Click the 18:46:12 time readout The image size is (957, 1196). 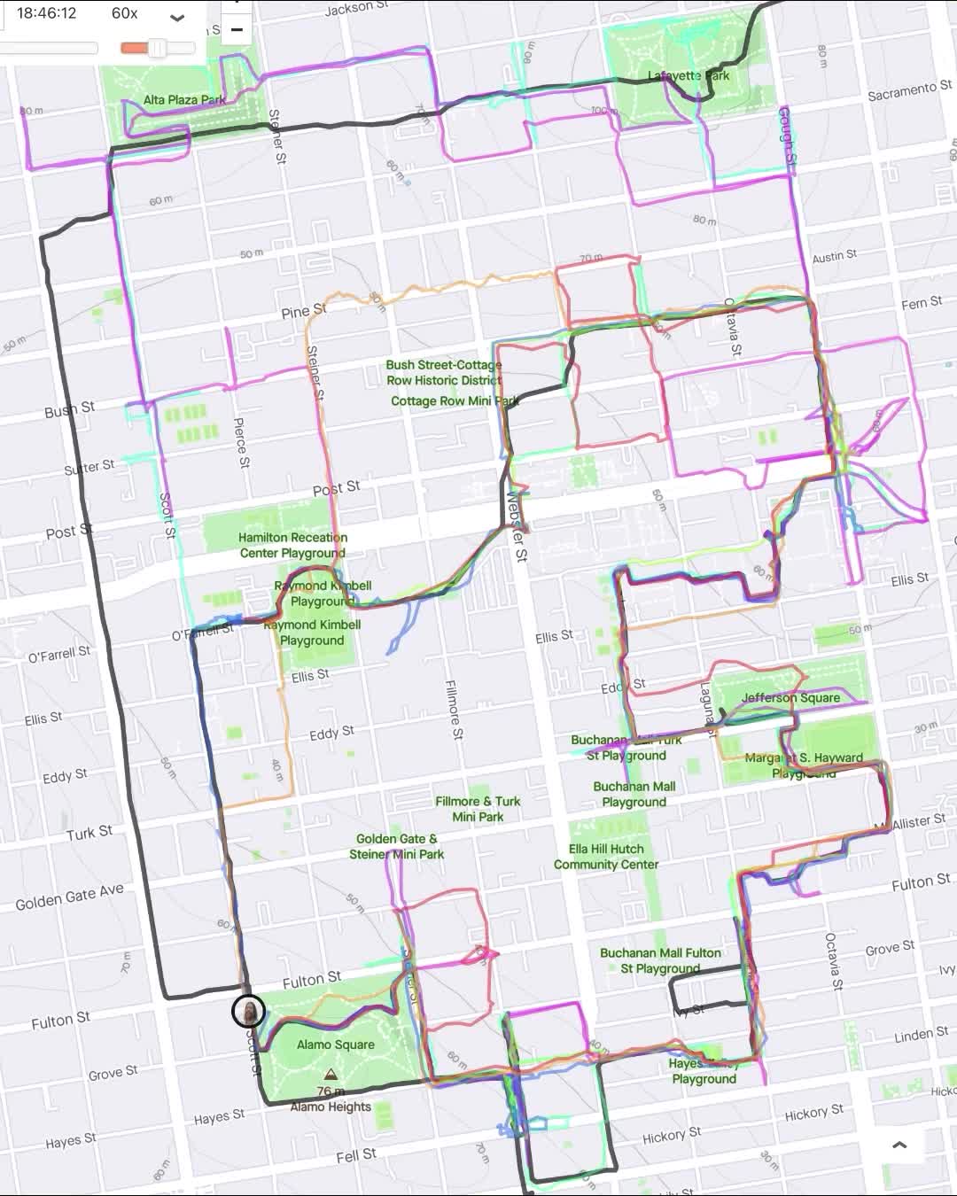coord(46,13)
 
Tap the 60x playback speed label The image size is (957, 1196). coord(124,13)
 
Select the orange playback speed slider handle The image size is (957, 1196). coord(157,48)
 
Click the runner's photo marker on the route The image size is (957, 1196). coord(248,1011)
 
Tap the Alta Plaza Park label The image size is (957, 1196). coord(184,100)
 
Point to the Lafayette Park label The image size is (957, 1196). coord(689,76)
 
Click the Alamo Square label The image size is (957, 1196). coord(335,1045)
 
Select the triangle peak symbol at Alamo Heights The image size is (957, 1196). coord(331,1075)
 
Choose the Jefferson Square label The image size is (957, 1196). coord(790,698)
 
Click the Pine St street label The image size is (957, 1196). coord(303,312)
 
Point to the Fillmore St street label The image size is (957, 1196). coord(453,709)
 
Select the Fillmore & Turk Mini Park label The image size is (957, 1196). coord(478,809)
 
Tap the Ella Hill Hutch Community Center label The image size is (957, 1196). coord(606,857)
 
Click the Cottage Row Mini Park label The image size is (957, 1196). coord(455,400)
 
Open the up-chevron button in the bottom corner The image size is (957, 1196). coord(899,1145)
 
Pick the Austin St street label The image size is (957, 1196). coord(834,257)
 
